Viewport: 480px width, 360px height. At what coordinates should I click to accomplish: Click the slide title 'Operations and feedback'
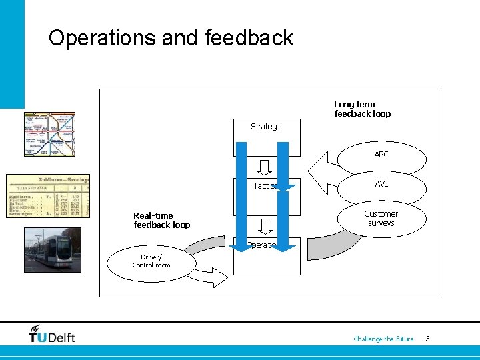(171, 38)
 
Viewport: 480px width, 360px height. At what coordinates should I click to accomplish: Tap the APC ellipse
(381, 155)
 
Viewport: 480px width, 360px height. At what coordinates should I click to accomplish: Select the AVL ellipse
(381, 185)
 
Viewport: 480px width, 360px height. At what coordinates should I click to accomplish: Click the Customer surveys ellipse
(381, 219)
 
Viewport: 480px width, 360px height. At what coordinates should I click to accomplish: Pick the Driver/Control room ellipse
(151, 261)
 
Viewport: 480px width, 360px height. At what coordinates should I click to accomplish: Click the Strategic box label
(266, 127)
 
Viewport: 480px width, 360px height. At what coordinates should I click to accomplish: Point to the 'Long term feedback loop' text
(362, 109)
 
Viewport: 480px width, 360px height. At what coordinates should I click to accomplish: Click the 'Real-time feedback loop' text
(161, 221)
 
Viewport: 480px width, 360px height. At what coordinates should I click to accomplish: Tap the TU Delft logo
(52, 334)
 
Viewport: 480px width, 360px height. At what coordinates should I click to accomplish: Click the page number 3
(427, 339)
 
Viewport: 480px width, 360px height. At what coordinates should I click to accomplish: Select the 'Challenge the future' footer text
(383, 339)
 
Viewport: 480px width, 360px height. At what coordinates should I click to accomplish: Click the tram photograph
(52, 249)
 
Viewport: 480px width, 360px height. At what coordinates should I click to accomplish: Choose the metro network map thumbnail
(49, 134)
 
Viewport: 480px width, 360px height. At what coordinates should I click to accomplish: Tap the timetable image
(47, 195)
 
